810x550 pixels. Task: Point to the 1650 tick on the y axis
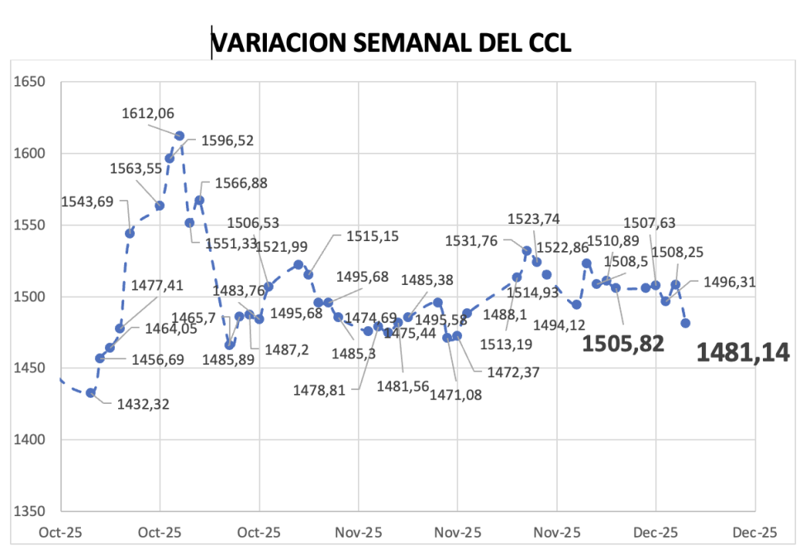(29, 82)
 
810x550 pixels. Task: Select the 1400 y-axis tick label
(29, 439)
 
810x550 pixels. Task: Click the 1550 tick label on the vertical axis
(29, 225)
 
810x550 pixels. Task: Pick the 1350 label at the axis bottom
(29, 511)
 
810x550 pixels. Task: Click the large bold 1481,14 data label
(742, 353)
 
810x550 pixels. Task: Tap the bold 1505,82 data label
(622, 344)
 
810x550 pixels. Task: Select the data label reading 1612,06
(148, 114)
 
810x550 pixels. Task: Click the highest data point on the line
(179, 135)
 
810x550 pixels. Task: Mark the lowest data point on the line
(91, 392)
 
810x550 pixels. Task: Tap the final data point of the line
(685, 323)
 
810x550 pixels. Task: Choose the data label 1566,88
(241, 183)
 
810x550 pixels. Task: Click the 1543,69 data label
(88, 202)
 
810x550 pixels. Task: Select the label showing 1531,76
(471, 241)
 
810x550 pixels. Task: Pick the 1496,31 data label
(729, 282)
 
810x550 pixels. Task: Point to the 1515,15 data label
(372, 236)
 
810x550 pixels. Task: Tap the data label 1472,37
(512, 372)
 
